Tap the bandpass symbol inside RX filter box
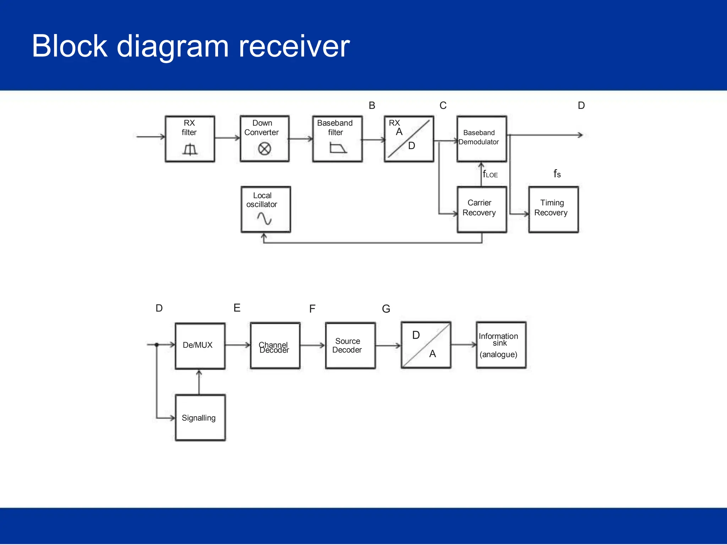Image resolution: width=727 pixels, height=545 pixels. click(x=190, y=149)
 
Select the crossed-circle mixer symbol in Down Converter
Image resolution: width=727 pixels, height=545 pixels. click(x=264, y=149)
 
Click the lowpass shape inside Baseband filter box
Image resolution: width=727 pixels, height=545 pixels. click(x=338, y=148)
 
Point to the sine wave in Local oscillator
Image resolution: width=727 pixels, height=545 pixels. click(x=264, y=218)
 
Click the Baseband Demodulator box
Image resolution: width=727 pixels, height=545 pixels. click(x=481, y=139)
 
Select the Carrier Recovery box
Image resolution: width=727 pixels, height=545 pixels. click(x=481, y=209)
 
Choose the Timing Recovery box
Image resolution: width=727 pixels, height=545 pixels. click(x=553, y=209)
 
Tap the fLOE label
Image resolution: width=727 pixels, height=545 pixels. click(x=490, y=174)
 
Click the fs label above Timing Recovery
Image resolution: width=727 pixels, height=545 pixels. click(x=557, y=174)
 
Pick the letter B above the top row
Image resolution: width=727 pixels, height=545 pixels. click(x=372, y=105)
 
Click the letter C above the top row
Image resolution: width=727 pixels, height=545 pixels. click(x=443, y=105)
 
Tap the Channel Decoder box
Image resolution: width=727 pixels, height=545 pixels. click(x=275, y=346)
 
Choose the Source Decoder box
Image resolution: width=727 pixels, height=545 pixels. click(x=350, y=346)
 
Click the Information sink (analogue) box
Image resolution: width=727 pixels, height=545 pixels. click(x=501, y=345)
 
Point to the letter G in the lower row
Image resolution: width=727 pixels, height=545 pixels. click(x=386, y=309)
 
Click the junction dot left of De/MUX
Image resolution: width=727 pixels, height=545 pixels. click(x=157, y=345)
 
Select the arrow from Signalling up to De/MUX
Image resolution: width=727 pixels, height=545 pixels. click(x=199, y=382)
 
